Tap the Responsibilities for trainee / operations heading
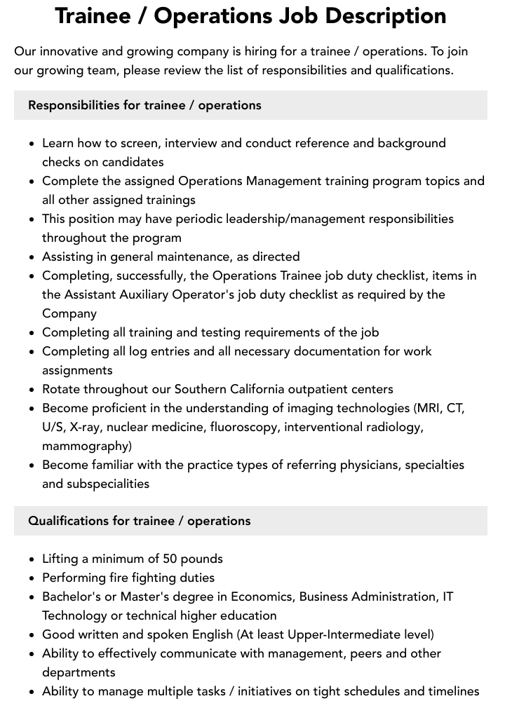[x=144, y=105]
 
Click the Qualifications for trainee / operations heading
[x=139, y=521]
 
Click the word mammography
[x=85, y=446]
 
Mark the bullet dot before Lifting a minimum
[x=32, y=559]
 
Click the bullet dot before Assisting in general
[x=32, y=257]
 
